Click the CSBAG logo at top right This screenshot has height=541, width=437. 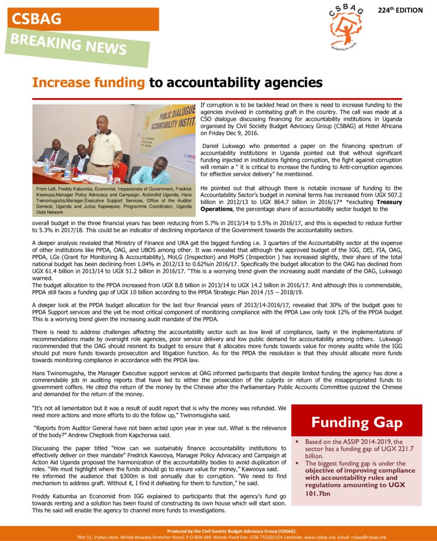pyautogui.click(x=346, y=26)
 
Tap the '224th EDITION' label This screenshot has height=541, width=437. pyautogui.click(x=400, y=10)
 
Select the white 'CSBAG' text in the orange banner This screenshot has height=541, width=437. pyautogui.click(x=37, y=19)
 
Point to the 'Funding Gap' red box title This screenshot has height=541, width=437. pyautogui.click(x=356, y=422)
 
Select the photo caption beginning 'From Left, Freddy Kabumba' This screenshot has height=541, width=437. pyautogui.click(x=113, y=200)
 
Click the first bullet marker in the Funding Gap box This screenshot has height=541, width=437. pyautogui.click(x=298, y=441)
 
